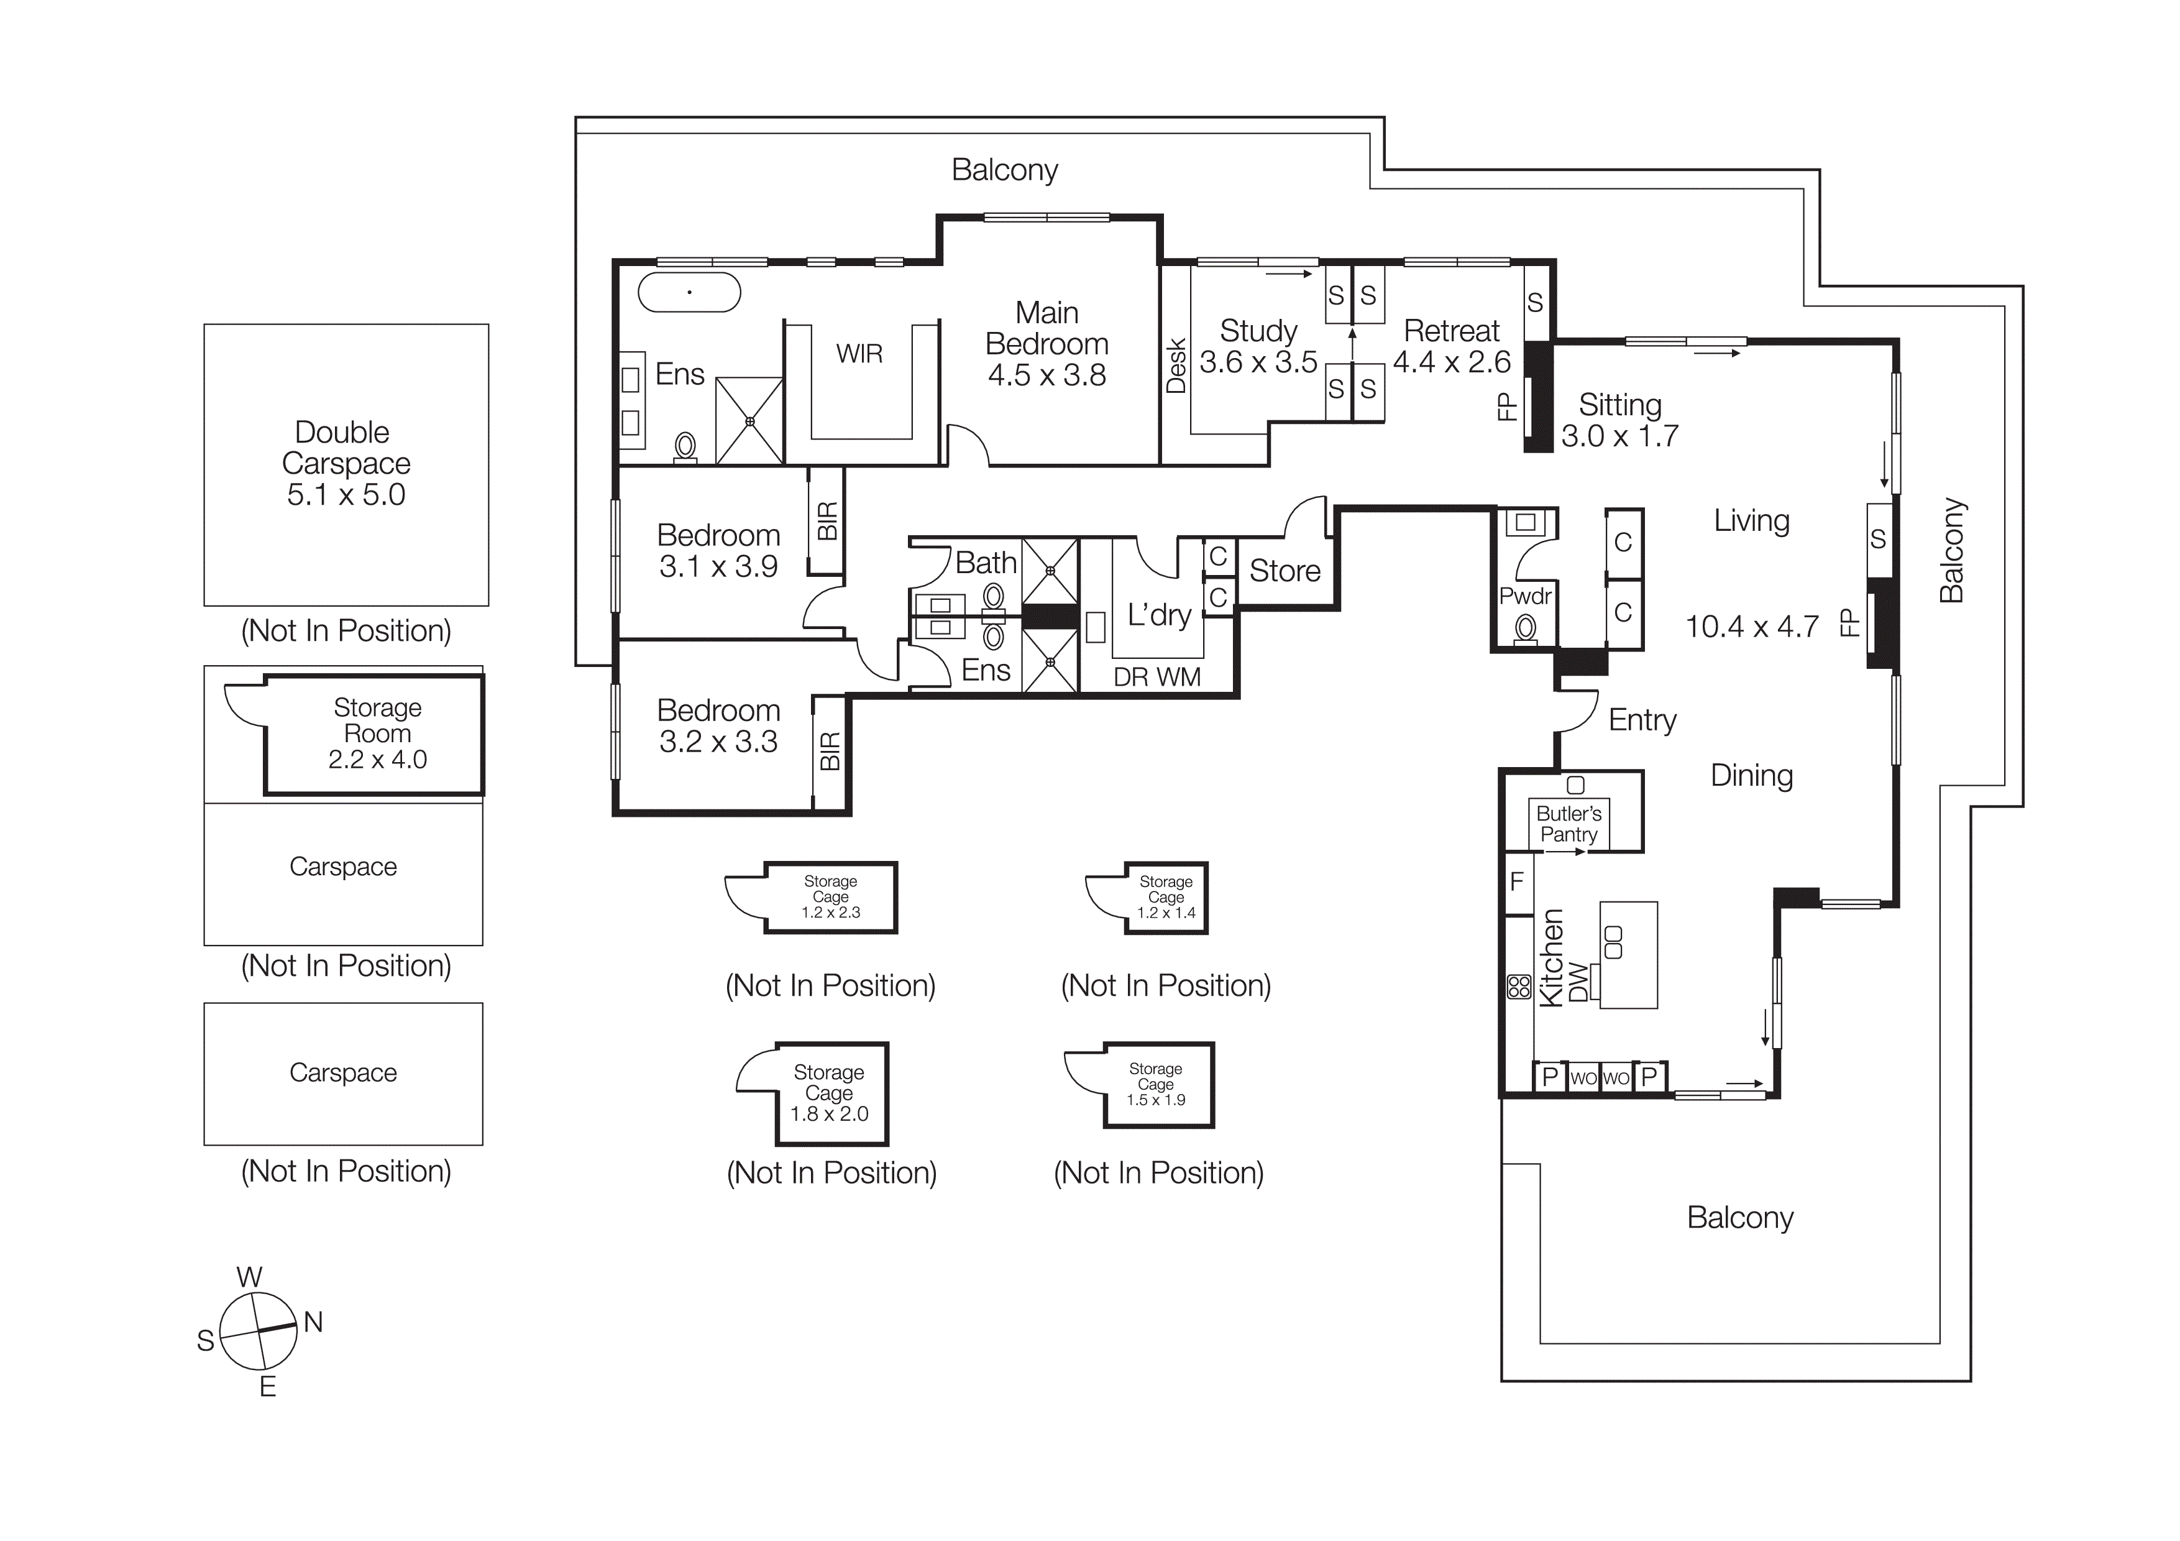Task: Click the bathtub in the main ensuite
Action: [689, 292]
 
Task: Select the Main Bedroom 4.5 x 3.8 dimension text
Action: [1046, 375]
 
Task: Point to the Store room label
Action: [1284, 571]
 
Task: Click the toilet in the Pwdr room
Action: [1526, 628]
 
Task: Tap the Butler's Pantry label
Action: [1569, 824]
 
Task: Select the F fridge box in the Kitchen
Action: [1516, 881]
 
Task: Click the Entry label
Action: [1642, 720]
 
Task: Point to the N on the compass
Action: [313, 1322]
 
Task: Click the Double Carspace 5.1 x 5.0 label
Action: [346, 463]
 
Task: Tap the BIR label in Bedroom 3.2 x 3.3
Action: [829, 751]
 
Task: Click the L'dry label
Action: [1158, 615]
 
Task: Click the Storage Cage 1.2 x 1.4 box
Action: [1165, 897]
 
